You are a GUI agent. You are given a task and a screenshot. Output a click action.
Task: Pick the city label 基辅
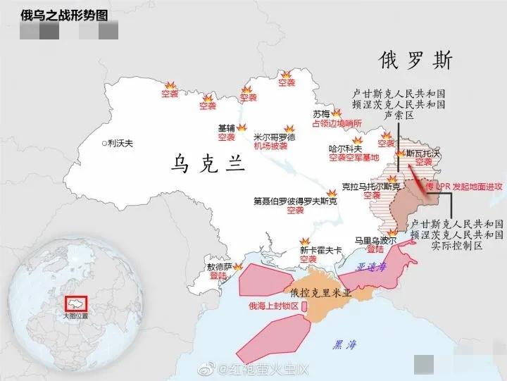pos(227,128)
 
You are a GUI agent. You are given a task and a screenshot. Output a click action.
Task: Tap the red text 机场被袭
pos(271,146)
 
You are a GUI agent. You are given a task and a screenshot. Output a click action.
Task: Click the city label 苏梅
pos(321,113)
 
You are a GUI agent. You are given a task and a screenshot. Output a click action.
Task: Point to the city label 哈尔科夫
pos(346,149)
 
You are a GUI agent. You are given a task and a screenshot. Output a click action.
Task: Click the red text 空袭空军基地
pos(353,158)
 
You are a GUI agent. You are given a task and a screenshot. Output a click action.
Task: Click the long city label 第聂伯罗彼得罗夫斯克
pos(295,201)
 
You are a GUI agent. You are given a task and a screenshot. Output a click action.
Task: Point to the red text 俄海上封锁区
pos(274,306)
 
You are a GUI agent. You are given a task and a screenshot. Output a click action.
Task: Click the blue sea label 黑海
pos(346,344)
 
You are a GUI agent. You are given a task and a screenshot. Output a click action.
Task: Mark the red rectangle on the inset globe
pos(75,304)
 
